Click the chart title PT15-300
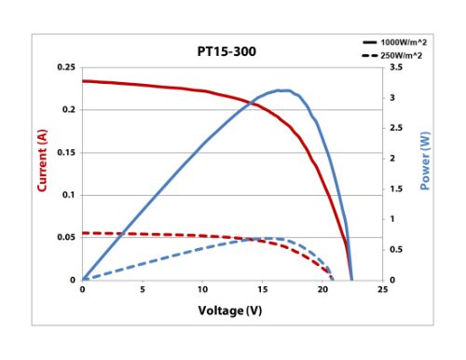tap(226, 52)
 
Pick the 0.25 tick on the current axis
tap(66, 68)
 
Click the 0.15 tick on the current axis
tap(66, 152)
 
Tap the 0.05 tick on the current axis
tap(66, 237)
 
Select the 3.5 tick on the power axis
tap(396, 68)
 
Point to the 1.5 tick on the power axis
tap(396, 188)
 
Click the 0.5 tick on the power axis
tap(396, 249)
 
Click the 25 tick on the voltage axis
tap(382, 290)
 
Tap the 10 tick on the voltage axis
tap(202, 290)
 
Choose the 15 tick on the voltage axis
tap(263, 290)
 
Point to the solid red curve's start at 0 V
tap(83, 81)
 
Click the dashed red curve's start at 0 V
tap(83, 233)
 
